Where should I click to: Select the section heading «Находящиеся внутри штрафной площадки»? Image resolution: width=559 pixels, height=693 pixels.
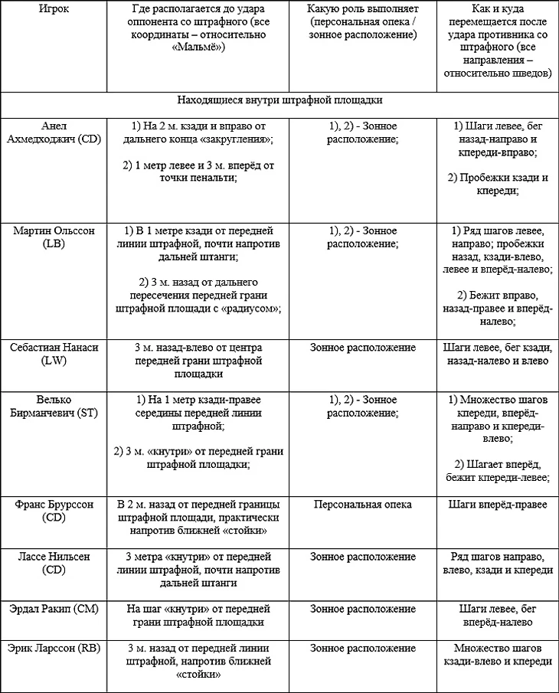[x=279, y=100]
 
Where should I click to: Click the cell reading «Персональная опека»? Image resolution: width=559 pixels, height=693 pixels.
[x=362, y=505]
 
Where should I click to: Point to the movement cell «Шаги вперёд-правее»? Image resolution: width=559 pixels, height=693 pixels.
[x=499, y=505]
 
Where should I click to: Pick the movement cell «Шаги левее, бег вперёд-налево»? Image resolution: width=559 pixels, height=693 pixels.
[x=499, y=615]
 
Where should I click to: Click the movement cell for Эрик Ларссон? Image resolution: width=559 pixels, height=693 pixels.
[x=499, y=655]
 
